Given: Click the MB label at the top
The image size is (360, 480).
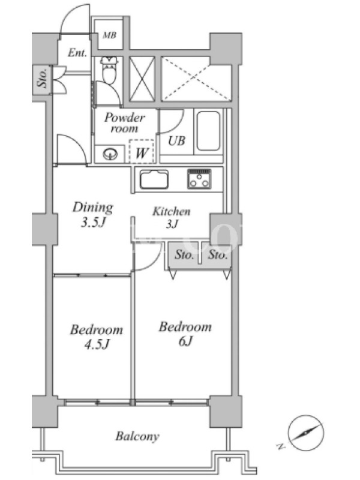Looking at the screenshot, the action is (109, 35).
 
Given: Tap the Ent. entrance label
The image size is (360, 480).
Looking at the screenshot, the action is (77, 53).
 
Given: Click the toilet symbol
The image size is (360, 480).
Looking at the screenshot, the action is (109, 70).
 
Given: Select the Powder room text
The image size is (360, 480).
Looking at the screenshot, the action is (125, 122).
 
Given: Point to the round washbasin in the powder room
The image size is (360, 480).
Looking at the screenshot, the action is (110, 154).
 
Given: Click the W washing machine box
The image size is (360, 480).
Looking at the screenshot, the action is (142, 152).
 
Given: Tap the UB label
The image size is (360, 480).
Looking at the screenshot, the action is (176, 141).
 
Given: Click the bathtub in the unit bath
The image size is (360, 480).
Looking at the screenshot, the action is (208, 131).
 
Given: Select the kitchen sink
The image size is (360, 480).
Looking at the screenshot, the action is (154, 179).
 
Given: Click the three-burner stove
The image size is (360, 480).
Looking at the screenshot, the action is (199, 179).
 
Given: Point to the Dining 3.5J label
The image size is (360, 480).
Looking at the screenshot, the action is (93, 215).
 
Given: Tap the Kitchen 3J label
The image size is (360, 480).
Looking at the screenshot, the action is (172, 218).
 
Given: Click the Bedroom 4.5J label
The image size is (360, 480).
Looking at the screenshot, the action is (97, 337).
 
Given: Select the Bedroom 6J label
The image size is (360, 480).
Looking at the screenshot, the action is (185, 334).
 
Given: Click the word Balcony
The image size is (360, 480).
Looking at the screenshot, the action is (137, 436).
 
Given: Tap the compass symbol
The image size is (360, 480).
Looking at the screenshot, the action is (305, 433).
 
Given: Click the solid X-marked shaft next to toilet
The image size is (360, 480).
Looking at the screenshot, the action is (142, 79).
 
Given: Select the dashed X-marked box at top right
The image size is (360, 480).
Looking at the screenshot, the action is (196, 79).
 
